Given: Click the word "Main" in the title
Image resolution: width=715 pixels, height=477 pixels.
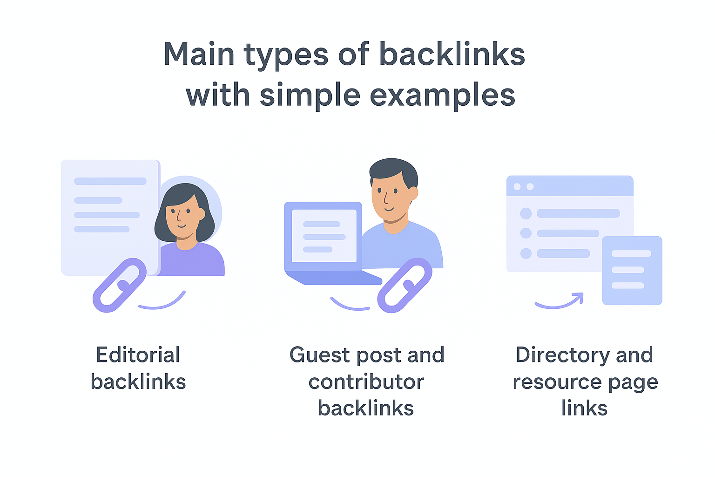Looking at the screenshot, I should point(199,55).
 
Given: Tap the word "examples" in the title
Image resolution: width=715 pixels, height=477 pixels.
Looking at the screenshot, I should point(443,96).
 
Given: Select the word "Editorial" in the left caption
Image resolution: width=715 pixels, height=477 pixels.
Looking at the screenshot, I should point(138,355).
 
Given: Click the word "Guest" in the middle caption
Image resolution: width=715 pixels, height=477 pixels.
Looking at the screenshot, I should point(319,355).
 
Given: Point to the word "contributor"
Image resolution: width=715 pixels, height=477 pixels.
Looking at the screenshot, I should point(366,382).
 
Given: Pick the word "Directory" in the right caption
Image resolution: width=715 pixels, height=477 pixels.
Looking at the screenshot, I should point(562,355).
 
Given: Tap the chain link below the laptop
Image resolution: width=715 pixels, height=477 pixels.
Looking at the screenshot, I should point(404,285).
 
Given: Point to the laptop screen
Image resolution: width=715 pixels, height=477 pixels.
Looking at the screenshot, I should point(324,236).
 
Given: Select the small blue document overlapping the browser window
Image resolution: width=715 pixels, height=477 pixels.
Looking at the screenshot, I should point(632,270).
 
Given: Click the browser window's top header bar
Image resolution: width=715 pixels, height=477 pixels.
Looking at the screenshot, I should point(570,186).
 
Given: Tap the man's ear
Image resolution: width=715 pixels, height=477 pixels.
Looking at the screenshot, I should point(413,193).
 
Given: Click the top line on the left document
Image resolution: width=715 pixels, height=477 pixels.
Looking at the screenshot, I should point(110,181).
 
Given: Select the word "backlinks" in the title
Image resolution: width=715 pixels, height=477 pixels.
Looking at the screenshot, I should point(452,55).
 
